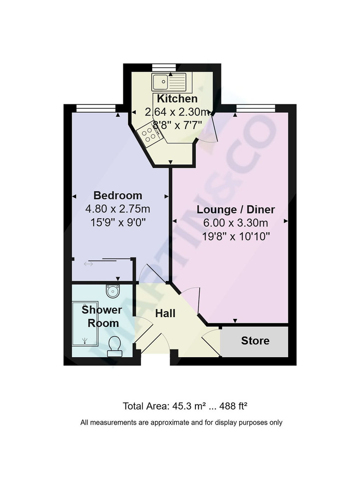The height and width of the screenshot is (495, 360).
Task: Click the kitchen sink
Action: [x=169, y=81]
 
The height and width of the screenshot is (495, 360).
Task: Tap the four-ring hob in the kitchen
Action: [x=148, y=134]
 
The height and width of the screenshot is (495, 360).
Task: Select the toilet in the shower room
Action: [x=114, y=346]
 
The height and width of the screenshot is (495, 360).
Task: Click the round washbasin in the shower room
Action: [x=113, y=291]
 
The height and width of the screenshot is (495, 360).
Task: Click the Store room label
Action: [x=255, y=341]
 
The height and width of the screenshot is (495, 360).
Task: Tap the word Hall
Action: [x=165, y=313]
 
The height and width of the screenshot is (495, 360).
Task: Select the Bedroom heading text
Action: [x=118, y=195]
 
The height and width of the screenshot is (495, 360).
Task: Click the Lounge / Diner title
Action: [x=235, y=210]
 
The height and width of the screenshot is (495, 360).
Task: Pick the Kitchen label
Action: [x=177, y=99]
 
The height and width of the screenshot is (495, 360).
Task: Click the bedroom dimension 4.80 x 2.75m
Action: [x=118, y=209]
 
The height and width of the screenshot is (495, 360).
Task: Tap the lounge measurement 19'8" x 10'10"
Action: [x=235, y=236]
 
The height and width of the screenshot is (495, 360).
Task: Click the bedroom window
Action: [x=96, y=108]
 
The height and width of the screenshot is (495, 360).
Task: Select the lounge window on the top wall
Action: [x=255, y=108]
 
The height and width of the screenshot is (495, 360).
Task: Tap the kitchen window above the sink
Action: [x=164, y=67]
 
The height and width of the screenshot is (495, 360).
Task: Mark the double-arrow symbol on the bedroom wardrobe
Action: [x=88, y=264]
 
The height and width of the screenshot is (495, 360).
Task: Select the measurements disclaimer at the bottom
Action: [x=181, y=422]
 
